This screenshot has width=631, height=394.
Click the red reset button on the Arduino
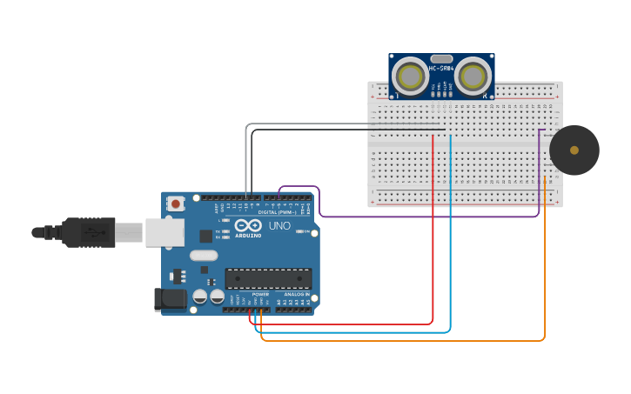(x=176, y=204)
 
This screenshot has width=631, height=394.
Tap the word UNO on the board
(x=279, y=225)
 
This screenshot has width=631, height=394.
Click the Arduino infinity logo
(x=248, y=225)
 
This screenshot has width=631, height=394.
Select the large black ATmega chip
(x=268, y=278)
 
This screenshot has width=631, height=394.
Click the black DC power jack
(x=170, y=299)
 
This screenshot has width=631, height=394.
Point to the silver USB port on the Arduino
(x=164, y=232)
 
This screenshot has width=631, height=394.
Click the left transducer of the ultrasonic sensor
(x=408, y=76)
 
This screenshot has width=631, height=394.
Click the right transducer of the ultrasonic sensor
(x=471, y=76)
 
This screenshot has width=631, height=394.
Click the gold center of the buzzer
(x=574, y=150)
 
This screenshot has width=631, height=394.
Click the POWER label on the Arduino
(x=260, y=295)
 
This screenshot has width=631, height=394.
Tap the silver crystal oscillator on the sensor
(x=440, y=57)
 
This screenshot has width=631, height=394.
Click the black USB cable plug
(x=87, y=232)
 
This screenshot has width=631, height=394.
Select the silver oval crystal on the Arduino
(x=203, y=256)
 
